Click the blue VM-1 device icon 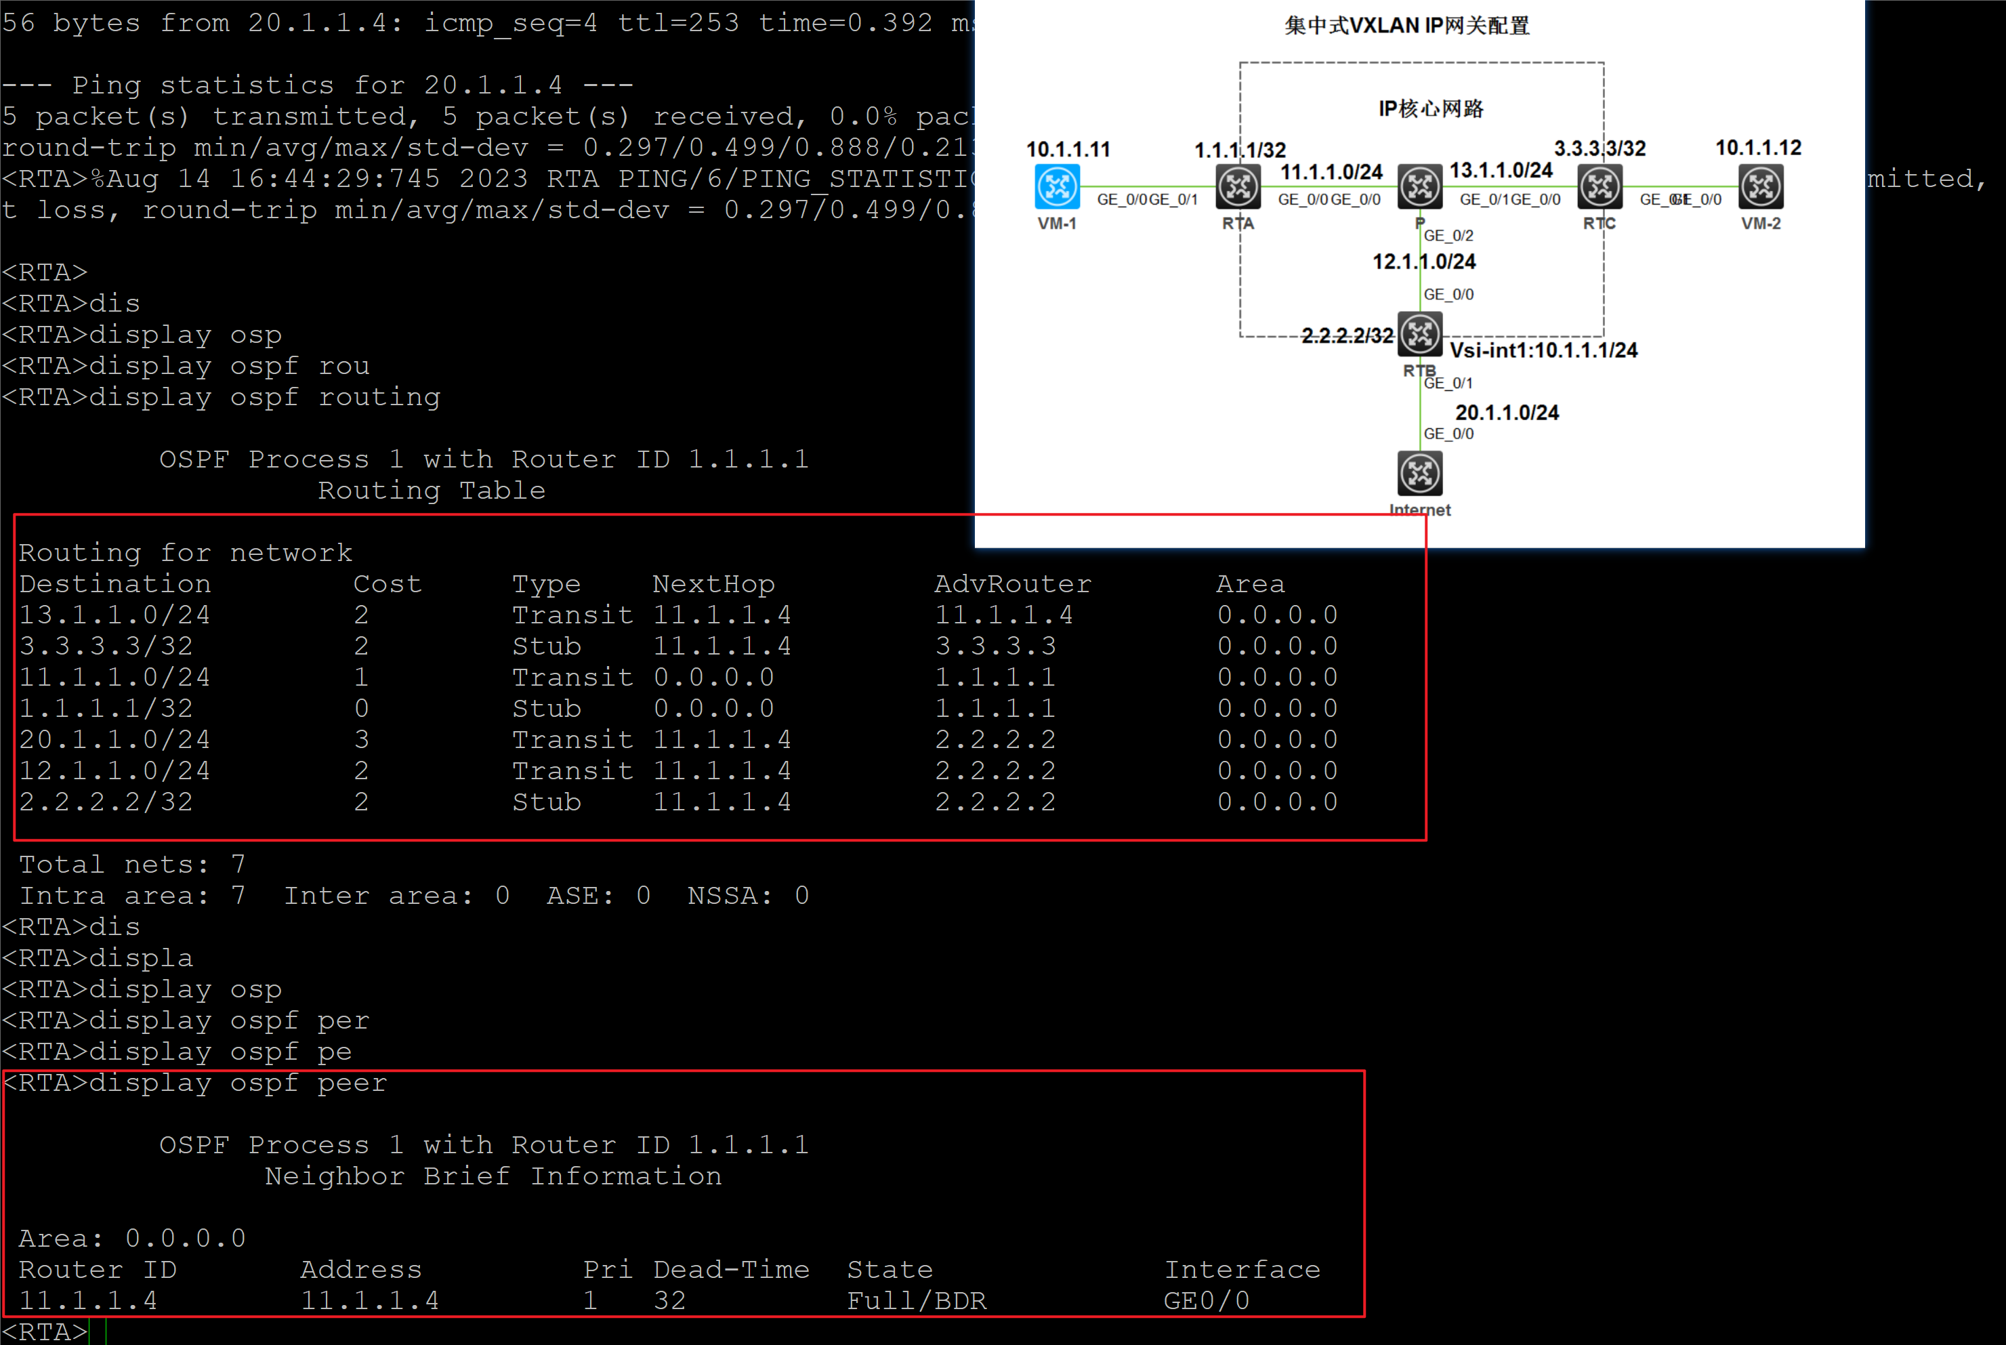(1057, 186)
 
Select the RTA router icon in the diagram (1238, 186)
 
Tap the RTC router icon (1600, 186)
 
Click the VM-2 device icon (1761, 186)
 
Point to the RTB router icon (1419, 333)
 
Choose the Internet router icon (1419, 473)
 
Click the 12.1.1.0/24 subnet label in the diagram (1423, 262)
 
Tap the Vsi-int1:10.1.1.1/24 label (1543, 350)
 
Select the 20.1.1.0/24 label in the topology (1507, 413)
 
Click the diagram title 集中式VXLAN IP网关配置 (1406, 26)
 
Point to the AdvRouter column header (1012, 584)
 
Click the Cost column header (387, 584)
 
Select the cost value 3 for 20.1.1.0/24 (362, 739)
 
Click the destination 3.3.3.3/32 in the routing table (106, 646)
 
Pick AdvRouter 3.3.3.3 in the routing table (995, 646)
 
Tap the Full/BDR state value (916, 1301)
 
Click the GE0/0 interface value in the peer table (1206, 1301)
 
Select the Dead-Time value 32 (669, 1301)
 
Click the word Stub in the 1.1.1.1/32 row (546, 709)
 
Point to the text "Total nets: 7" (132, 865)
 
